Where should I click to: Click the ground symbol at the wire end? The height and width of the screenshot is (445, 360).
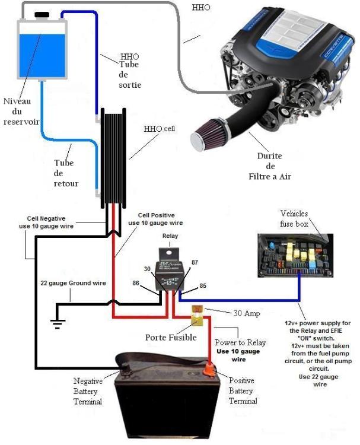pos(57,323)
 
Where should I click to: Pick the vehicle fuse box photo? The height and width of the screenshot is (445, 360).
pos(294,255)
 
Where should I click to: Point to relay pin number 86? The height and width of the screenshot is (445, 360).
pos(136,284)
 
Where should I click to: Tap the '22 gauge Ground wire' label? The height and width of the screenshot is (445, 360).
pos(73,283)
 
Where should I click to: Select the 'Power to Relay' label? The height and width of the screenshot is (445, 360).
pos(240,342)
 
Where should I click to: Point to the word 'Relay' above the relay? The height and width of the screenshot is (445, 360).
pos(171,236)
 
